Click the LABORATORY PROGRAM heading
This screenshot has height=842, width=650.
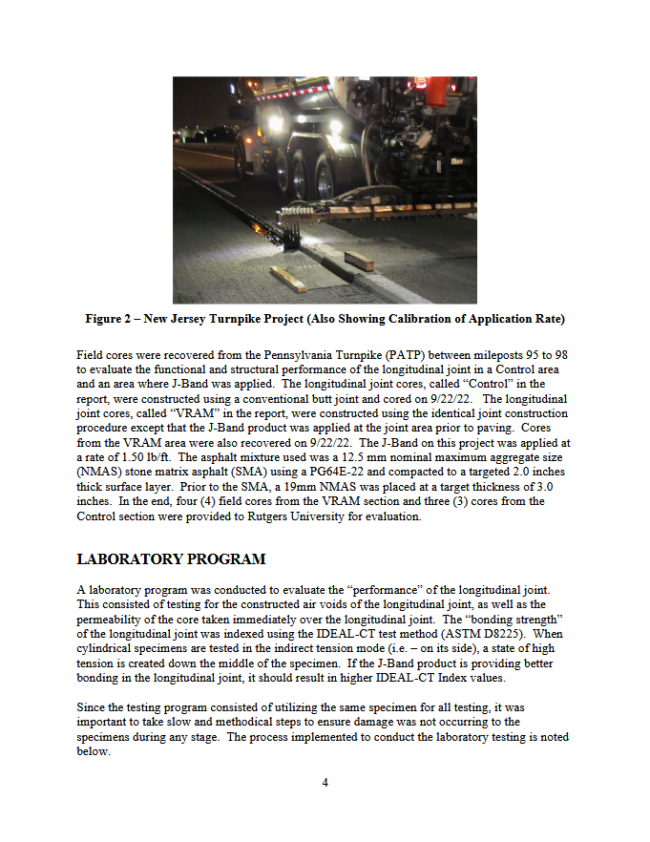(171, 558)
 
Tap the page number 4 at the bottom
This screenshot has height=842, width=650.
(325, 783)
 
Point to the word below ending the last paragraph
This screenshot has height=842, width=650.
(93, 751)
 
